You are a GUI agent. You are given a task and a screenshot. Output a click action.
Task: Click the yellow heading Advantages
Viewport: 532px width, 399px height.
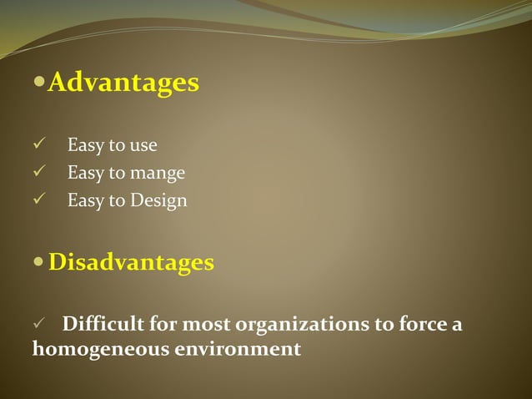(x=123, y=83)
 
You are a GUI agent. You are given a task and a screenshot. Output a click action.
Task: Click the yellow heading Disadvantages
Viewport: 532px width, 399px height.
(x=131, y=263)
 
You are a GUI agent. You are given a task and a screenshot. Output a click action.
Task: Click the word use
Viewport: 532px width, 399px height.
(x=143, y=146)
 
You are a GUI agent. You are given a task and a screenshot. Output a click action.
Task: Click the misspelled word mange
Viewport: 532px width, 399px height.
(x=158, y=174)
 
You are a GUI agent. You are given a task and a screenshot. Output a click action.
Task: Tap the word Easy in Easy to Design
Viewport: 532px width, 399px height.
(x=85, y=201)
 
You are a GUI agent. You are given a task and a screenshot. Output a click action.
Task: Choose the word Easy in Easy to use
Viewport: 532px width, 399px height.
(x=85, y=146)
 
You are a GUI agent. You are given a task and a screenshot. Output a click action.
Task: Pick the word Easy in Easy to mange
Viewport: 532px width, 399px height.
(x=85, y=174)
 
